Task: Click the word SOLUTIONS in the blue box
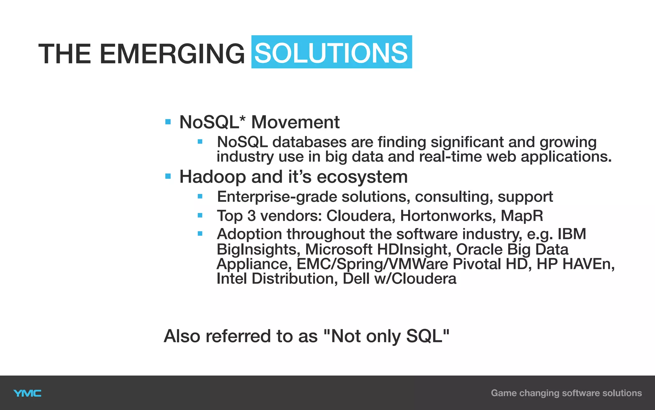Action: point(331,53)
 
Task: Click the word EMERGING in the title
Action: point(172,54)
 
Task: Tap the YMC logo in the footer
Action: point(28,393)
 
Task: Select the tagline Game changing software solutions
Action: point(566,393)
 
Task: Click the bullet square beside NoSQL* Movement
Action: point(168,122)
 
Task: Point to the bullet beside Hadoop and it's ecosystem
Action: point(168,176)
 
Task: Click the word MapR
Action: point(522,216)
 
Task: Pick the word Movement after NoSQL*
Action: point(295,122)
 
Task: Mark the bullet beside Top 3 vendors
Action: point(200,215)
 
